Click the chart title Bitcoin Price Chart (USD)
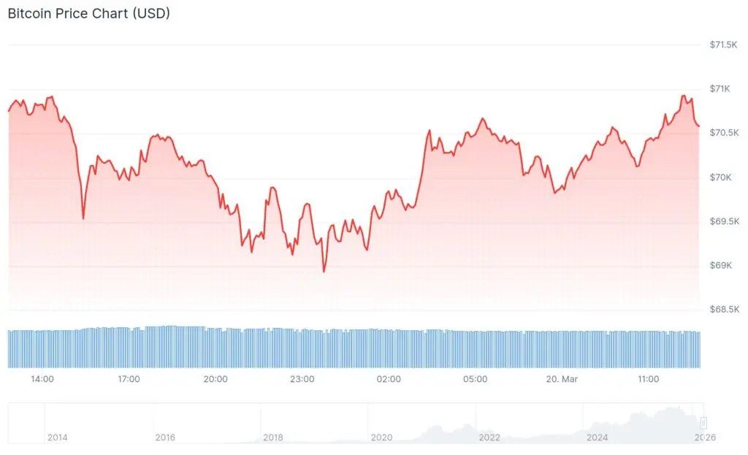(88, 13)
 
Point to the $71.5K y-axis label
(724, 45)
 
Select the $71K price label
(720, 89)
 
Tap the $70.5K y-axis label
(724, 133)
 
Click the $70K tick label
(720, 177)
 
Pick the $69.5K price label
(724, 221)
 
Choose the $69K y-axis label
(720, 265)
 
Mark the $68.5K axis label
(724, 310)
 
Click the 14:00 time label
(42, 379)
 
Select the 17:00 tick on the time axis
(129, 379)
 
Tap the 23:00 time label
(302, 379)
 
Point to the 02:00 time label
(389, 379)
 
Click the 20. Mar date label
(562, 379)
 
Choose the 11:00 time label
(648, 379)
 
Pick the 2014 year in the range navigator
(57, 437)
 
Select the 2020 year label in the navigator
(381, 437)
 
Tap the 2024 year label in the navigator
(598, 437)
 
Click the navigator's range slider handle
(703, 423)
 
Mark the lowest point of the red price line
(324, 272)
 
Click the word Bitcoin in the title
(29, 13)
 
